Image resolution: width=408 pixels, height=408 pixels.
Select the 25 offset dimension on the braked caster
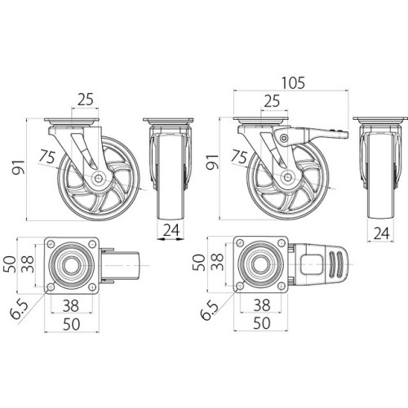[275, 102]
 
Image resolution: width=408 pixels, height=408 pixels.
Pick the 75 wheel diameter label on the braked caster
[239, 156]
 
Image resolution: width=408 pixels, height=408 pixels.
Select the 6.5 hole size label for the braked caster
[210, 311]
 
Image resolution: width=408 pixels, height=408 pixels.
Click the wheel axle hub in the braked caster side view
[286, 177]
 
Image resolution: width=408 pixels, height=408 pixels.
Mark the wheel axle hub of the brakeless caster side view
[96, 178]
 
